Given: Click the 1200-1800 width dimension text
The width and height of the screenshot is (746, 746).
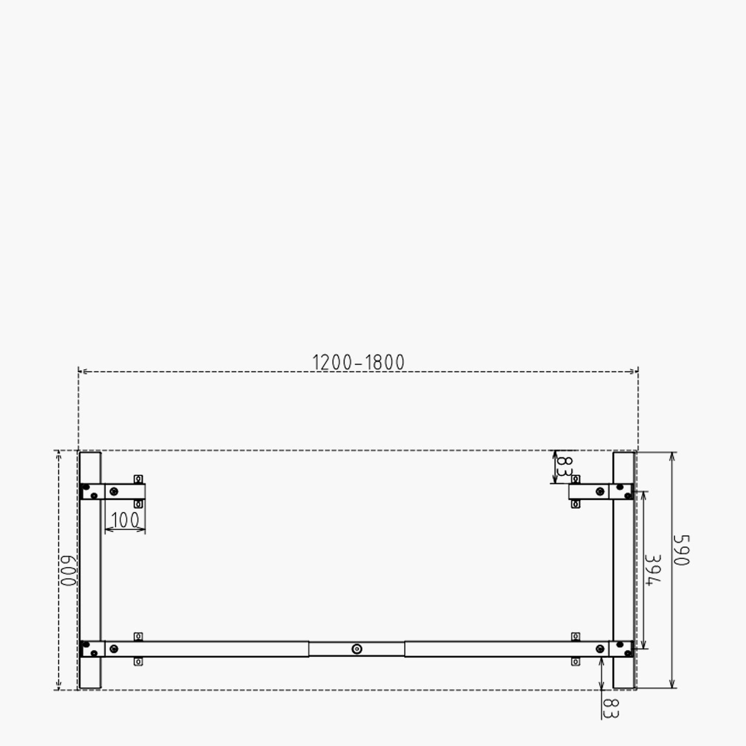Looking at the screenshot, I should [x=358, y=362].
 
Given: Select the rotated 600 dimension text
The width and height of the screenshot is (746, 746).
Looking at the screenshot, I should [x=68, y=571].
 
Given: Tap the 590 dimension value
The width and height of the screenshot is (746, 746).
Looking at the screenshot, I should [x=681, y=550].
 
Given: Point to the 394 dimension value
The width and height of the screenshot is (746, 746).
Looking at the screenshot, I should [x=654, y=570].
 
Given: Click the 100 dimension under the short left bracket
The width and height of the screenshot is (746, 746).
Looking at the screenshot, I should [x=125, y=520].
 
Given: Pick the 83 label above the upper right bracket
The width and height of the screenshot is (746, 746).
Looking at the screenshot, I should [x=566, y=467].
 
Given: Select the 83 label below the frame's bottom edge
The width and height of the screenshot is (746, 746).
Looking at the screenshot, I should [x=611, y=708].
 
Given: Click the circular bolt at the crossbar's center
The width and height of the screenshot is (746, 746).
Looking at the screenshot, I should [x=357, y=649].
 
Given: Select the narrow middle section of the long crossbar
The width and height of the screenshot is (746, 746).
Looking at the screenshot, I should [x=357, y=649].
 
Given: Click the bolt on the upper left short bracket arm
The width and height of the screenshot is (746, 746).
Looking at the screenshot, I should [x=114, y=491].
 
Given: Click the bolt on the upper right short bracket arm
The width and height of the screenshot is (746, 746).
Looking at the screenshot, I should [x=600, y=491].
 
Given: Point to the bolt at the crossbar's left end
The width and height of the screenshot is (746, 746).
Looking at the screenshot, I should [x=114, y=649].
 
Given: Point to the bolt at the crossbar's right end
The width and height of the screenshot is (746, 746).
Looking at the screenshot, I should [x=600, y=649].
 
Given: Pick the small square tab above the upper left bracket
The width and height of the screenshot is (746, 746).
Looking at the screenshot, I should [x=138, y=479].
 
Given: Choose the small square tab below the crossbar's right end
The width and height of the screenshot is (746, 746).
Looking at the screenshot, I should [x=576, y=661].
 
